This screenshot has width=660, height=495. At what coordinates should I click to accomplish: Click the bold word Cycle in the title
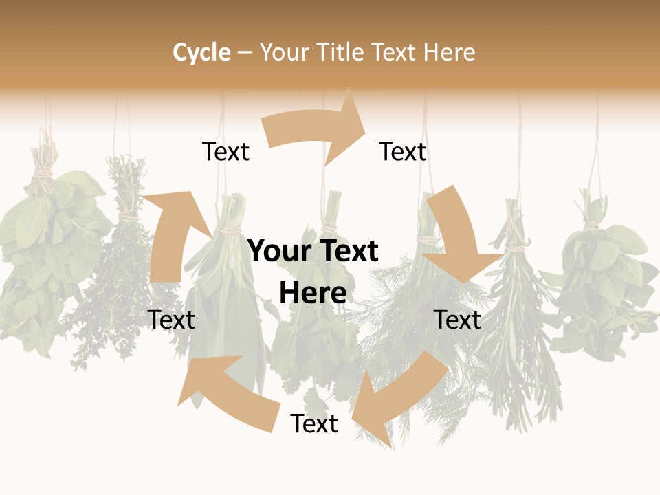click(x=201, y=52)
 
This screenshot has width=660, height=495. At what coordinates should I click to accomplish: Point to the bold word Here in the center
click(x=313, y=293)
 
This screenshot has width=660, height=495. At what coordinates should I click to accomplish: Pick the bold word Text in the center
click(x=347, y=252)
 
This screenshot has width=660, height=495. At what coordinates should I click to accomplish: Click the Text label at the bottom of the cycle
click(x=314, y=424)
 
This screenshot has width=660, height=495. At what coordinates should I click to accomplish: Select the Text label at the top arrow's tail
click(x=225, y=152)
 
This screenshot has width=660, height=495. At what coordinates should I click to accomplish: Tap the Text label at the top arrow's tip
click(x=403, y=152)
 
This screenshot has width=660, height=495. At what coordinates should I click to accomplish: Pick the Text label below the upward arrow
click(x=171, y=320)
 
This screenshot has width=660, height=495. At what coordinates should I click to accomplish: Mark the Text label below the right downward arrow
click(x=457, y=320)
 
